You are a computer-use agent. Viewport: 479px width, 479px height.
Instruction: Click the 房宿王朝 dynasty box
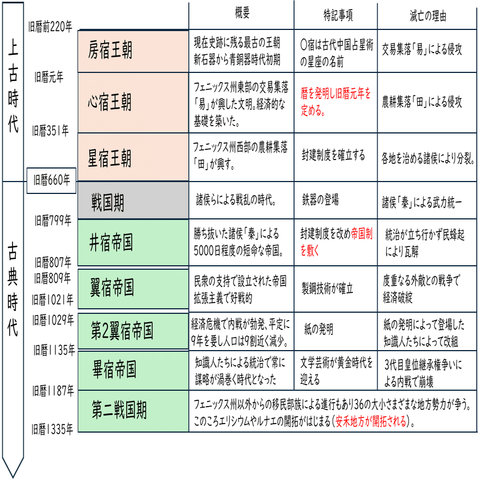tap(133, 51)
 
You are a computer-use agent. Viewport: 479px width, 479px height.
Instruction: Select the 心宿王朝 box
tap(133, 102)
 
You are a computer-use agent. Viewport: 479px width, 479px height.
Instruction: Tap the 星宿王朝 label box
tap(133, 157)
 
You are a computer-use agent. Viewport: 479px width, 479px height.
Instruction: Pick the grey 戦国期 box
tap(133, 201)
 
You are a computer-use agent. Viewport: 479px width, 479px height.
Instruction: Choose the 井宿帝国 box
tap(133, 243)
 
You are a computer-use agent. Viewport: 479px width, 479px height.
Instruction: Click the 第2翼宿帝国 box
tap(133, 330)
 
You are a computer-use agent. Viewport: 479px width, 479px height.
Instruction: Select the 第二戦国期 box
tap(133, 411)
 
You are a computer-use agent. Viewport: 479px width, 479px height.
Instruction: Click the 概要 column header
tap(241, 15)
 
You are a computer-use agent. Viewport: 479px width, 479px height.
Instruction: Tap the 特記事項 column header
tap(335, 15)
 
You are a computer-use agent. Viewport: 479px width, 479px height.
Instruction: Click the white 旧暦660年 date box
tap(51, 180)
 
